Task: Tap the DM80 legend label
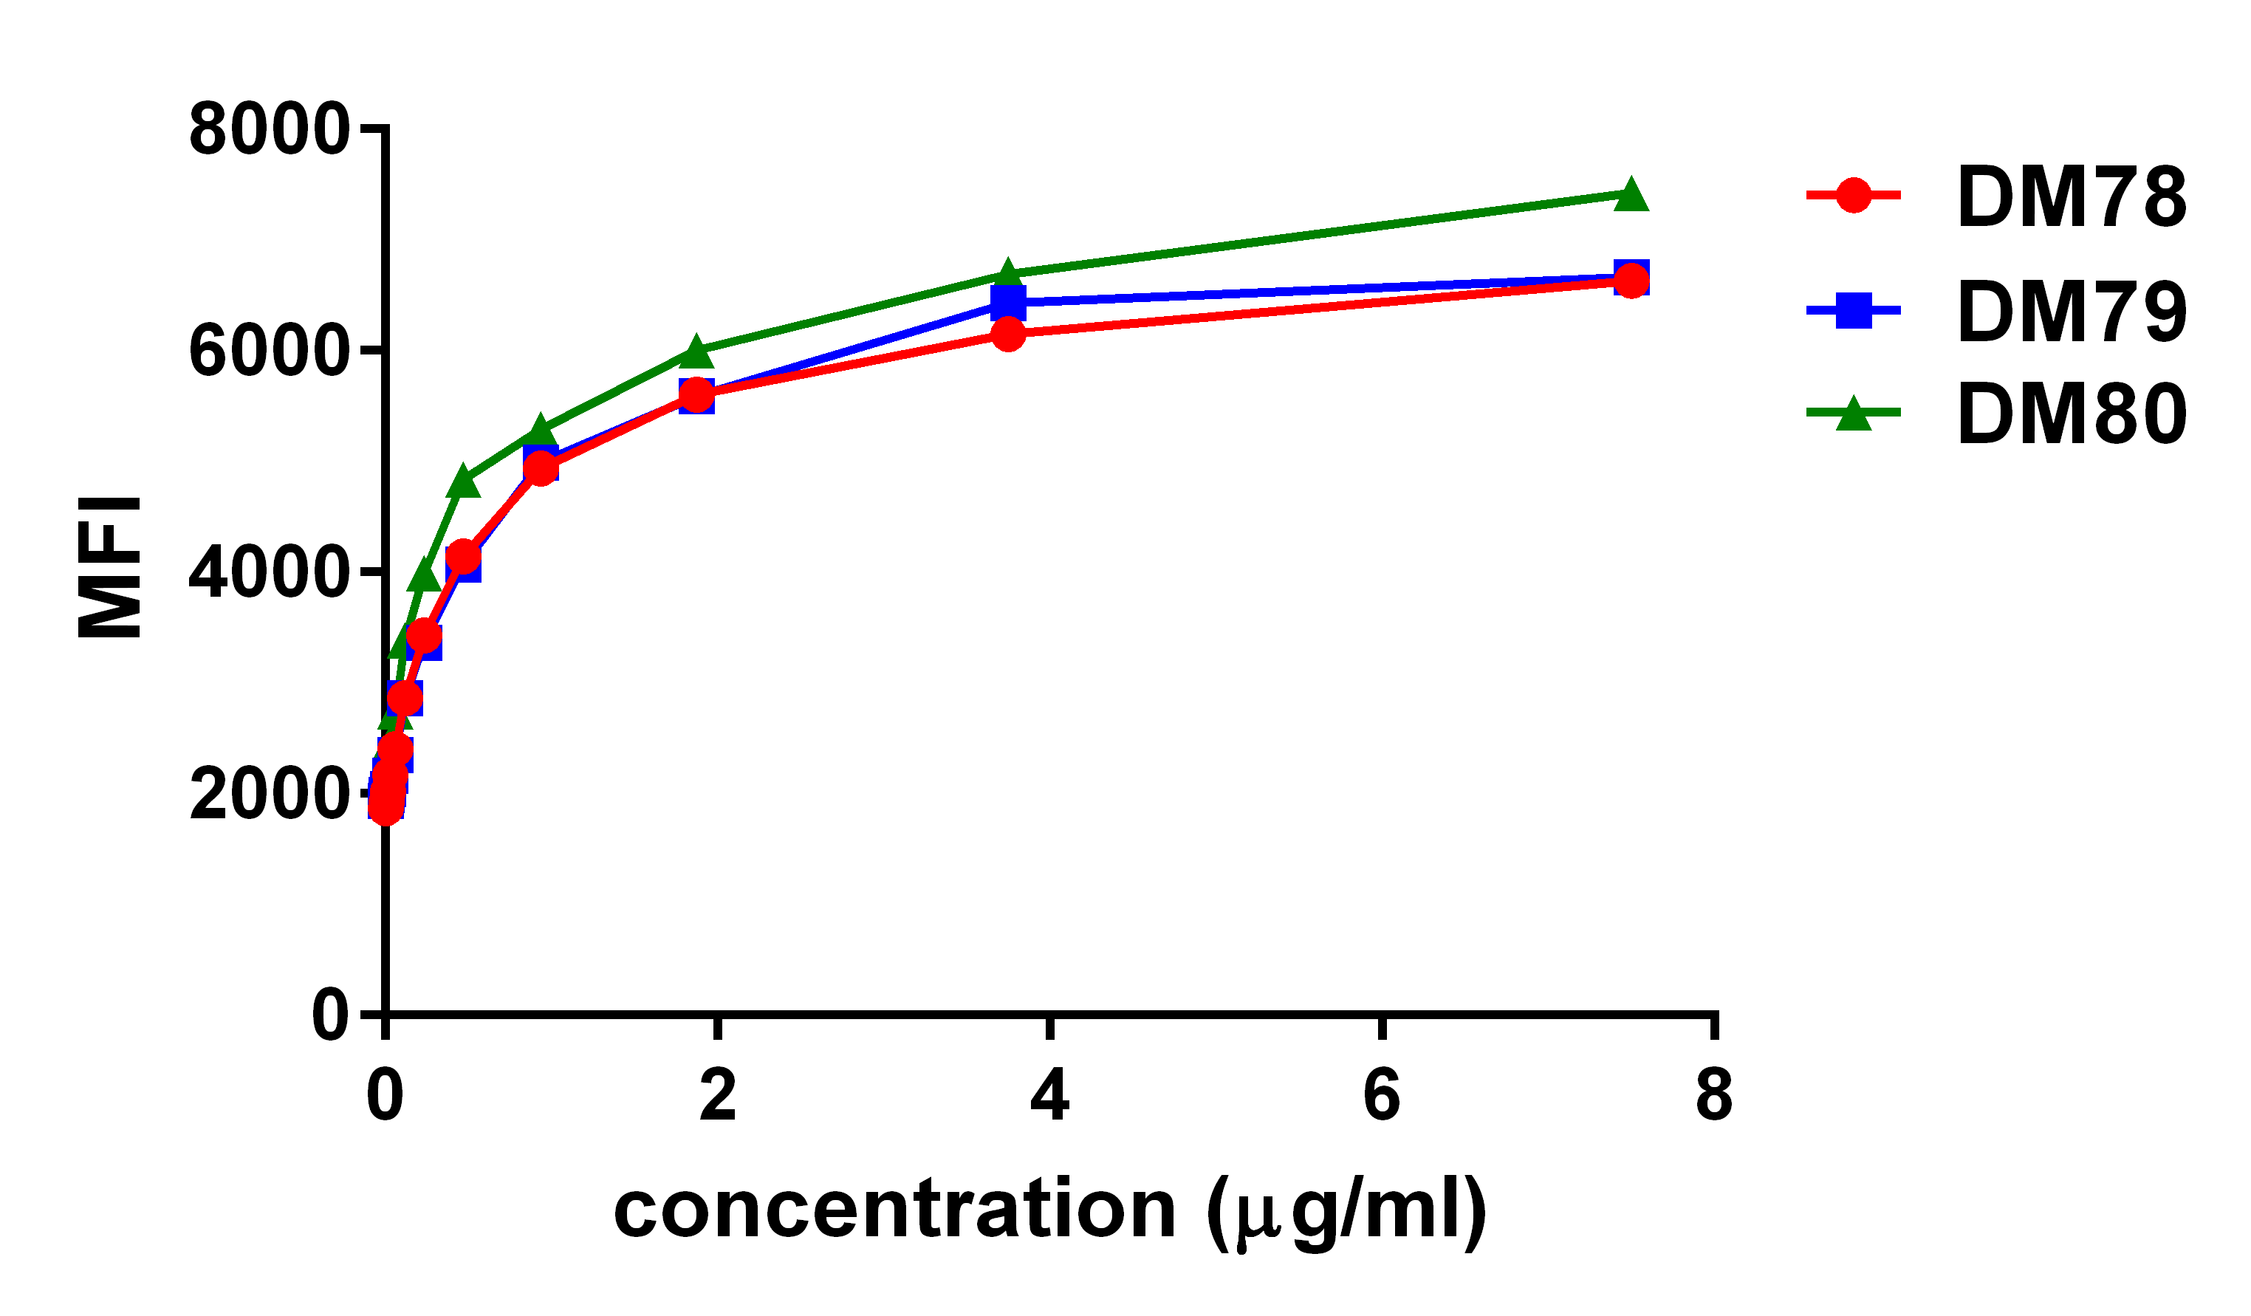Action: pos(2072,414)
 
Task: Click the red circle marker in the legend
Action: pos(1854,195)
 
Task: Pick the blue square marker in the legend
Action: pos(1854,310)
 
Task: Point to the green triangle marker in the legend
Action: pos(1854,414)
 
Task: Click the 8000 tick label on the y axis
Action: pos(268,129)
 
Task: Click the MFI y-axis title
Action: pos(109,567)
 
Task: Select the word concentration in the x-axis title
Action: pos(894,1211)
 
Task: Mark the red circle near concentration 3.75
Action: pos(1007,334)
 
